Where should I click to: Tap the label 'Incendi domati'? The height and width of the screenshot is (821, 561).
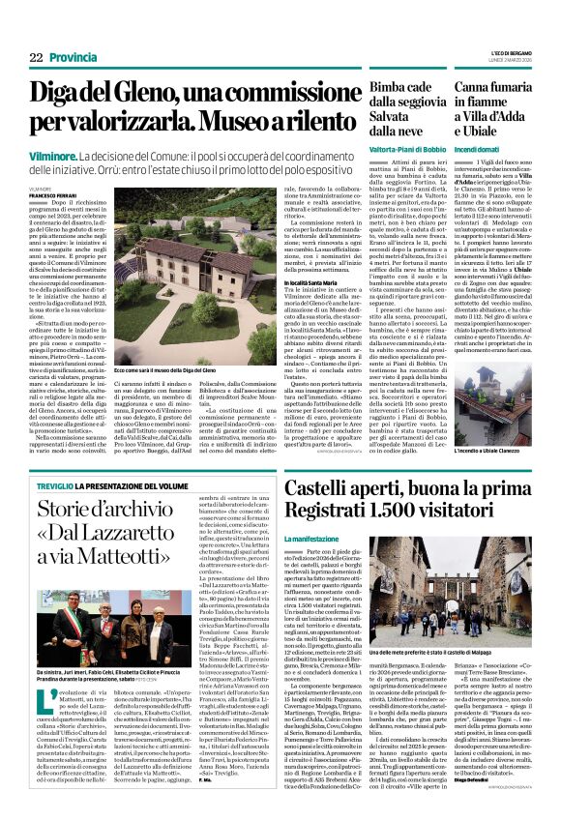coord(479,150)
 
